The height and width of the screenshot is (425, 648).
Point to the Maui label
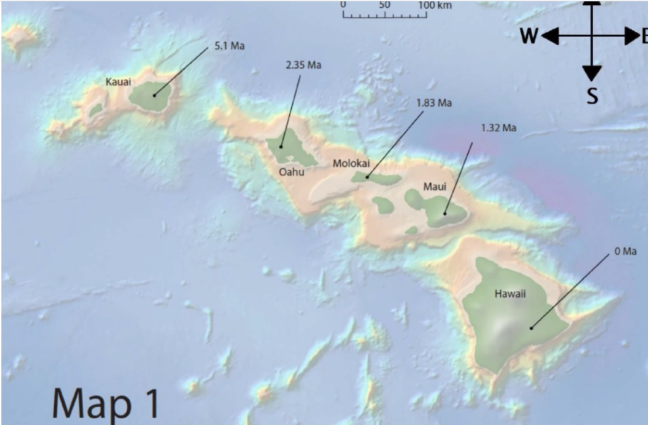[x=434, y=187]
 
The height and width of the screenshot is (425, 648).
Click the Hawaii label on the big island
[x=510, y=294]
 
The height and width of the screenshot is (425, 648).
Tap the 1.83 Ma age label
[x=434, y=103]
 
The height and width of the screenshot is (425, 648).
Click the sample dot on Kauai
[x=154, y=96]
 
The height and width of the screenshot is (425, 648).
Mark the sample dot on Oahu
[x=281, y=147]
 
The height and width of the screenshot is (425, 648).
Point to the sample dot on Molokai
[x=367, y=177]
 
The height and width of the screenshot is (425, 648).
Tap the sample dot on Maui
[x=445, y=213]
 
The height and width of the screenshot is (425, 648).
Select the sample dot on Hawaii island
[x=531, y=326]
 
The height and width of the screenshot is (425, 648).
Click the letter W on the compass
[x=529, y=37]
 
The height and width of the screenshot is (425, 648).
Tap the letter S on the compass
[x=592, y=97]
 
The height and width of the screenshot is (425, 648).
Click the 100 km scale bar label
[x=434, y=5]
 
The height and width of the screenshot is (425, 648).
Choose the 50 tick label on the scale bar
[x=384, y=5]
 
